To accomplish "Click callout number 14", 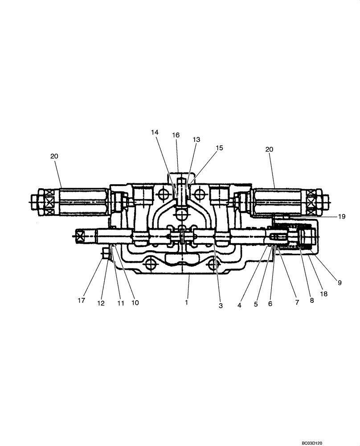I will point(155,132).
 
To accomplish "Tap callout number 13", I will point(196,140).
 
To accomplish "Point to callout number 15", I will point(219,148).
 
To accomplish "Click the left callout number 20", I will point(54,156).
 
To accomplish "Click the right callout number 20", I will point(269,150).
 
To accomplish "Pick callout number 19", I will point(341,217).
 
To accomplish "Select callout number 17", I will point(81,301).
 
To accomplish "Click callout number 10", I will point(135,302).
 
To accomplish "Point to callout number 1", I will point(187,302).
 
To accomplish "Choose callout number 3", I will point(220,306).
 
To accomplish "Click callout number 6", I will point(270,304).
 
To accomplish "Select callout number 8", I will point(312,301).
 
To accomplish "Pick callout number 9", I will point(340,282).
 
